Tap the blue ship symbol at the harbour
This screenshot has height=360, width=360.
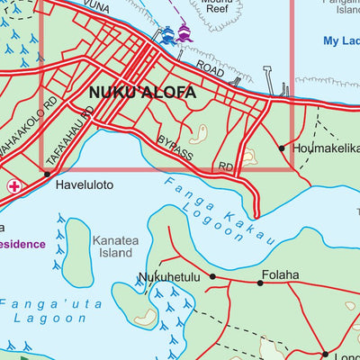pyautogui.click(x=167, y=34)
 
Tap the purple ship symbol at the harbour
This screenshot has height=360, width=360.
pyautogui.click(x=185, y=33)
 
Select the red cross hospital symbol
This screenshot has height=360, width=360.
pyautogui.click(x=13, y=186)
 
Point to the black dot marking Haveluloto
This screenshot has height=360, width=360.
pyautogui.click(x=46, y=174)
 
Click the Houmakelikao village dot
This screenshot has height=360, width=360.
pyautogui.click(x=282, y=148)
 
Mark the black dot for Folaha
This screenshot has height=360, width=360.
pyautogui.click(x=260, y=283)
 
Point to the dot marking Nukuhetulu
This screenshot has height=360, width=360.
pyautogui.click(x=212, y=276)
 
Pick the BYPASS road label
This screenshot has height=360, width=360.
pyautogui.click(x=175, y=148)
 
